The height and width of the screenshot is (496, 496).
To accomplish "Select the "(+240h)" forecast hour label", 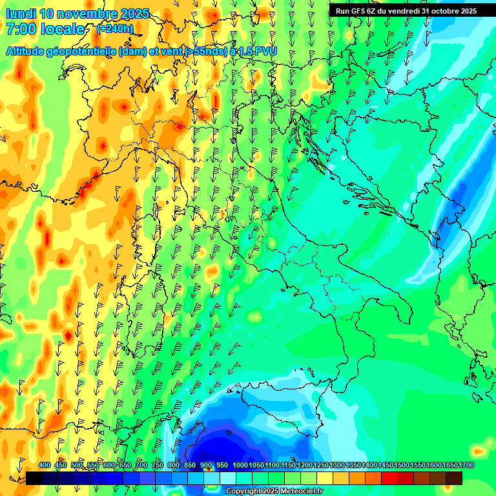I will coord(115,28).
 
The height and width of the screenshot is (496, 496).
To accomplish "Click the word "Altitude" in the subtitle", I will coord(30,50).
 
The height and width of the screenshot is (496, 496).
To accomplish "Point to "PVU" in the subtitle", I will coord(263,50).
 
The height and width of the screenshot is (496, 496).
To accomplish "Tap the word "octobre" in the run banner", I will coord(440,10).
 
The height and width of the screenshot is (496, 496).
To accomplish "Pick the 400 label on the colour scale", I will coord(45,465).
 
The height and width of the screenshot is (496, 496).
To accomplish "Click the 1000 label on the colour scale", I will coord(240,465).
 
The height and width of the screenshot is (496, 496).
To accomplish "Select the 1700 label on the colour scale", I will coord(466,465).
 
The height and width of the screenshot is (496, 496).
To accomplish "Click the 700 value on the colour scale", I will coord(141,465).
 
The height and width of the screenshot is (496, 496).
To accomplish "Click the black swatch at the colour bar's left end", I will coord(34,478).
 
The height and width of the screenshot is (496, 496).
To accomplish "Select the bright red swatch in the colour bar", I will coord(389,478).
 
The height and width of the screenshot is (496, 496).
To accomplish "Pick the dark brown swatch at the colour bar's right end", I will coord(454,478).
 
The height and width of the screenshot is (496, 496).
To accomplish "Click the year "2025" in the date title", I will coord(136,14).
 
